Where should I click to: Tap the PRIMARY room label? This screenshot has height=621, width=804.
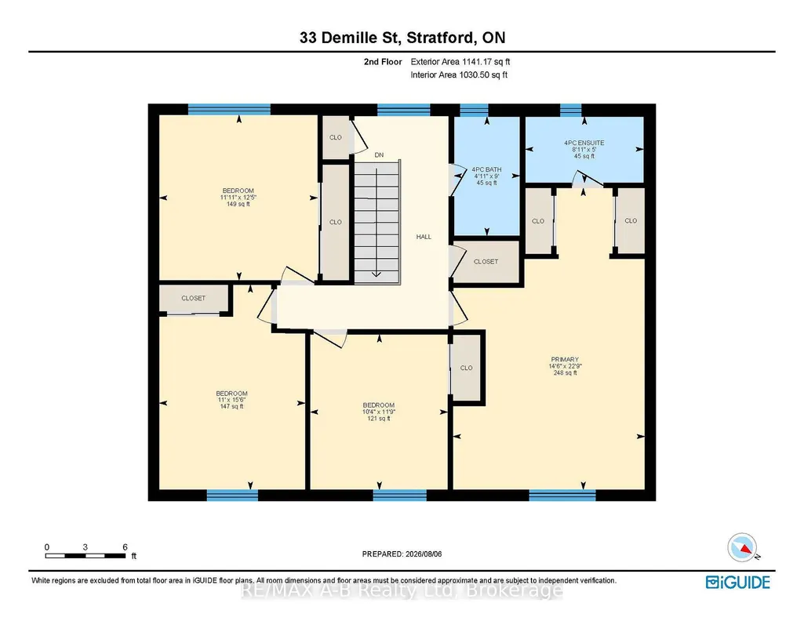pos(565,360)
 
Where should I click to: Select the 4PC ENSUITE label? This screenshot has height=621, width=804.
pos(584,143)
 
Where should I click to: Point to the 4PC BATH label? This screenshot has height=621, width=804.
pos(486,169)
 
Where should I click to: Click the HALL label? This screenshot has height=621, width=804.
pos(424,237)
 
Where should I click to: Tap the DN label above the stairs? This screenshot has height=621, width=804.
pos(379,154)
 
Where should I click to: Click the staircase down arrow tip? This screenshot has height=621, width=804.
pos(377,276)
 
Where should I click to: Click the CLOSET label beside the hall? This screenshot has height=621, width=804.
pos(486,261)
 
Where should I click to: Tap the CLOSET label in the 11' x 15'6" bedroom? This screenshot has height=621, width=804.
pos(193,298)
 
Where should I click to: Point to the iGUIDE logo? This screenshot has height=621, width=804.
pos(738,583)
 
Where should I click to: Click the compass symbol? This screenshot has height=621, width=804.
pos(743,547)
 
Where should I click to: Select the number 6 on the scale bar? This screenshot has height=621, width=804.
pos(126,547)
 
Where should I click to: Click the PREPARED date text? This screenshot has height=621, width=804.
pos(402,554)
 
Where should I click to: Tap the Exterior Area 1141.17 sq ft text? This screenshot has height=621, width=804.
pos(460,61)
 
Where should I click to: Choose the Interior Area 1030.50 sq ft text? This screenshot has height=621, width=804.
pos(459,74)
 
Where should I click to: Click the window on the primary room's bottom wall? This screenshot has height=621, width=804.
pos(562,495)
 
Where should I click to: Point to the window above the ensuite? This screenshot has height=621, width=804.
pos(571,110)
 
